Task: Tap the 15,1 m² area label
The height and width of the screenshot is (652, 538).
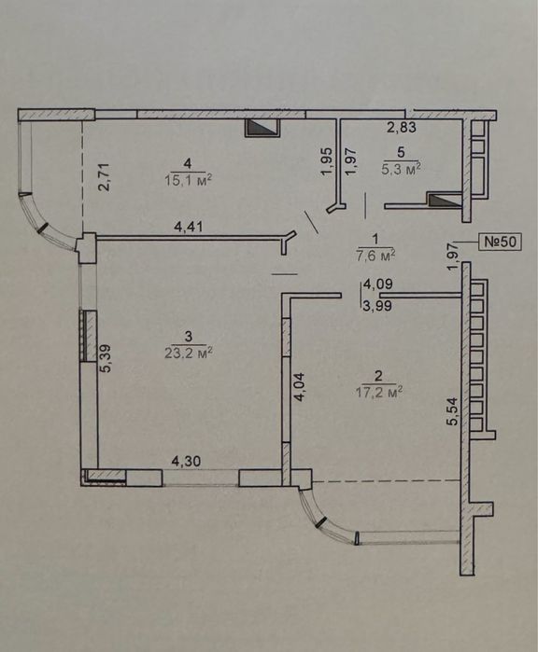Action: coord(189,180)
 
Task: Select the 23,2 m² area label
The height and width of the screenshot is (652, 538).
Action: coord(189,353)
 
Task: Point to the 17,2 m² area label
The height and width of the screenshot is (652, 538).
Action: coord(379,392)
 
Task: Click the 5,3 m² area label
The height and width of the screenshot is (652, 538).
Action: coord(401,169)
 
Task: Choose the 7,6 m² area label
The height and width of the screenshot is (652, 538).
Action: coord(375,256)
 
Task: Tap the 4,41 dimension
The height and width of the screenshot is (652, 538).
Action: coord(189,227)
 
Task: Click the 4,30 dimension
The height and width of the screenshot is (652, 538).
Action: coord(187,461)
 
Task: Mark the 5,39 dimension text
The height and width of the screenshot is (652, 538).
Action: coord(106,359)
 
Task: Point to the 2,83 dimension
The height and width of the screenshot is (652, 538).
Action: coord(402,127)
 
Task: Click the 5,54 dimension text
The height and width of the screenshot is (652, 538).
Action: coord(452,411)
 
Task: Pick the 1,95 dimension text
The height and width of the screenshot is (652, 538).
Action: coord(327,161)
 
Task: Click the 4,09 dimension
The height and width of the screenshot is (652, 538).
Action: coord(378,284)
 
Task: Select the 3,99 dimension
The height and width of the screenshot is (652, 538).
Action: coord(378,306)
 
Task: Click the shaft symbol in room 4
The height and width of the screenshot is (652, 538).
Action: coord(262,127)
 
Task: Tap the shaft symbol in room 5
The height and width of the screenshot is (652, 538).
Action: coord(446,200)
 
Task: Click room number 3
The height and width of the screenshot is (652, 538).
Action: coord(189,336)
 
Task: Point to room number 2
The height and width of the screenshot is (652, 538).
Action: coord(378,376)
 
